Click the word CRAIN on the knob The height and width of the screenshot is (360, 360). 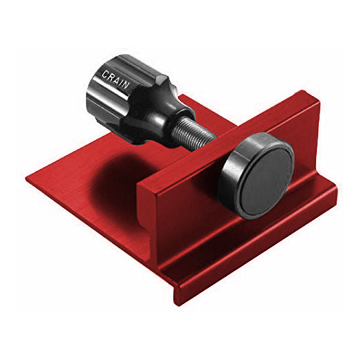point(116,79)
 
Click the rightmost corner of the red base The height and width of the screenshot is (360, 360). point(337,198)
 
